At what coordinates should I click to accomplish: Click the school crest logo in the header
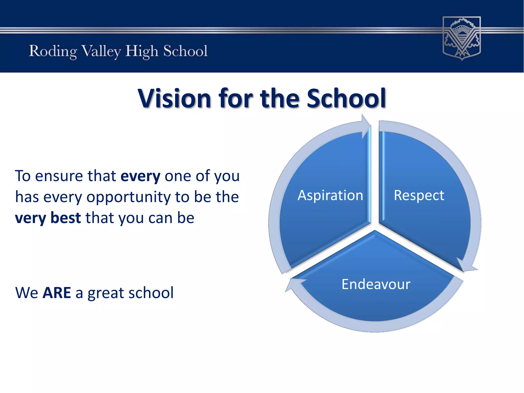click(x=462, y=38)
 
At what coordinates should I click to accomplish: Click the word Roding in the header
click(x=53, y=51)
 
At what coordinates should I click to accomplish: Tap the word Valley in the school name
click(x=101, y=51)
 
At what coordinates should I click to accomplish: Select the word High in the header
click(x=141, y=51)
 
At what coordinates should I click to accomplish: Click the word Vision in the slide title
click(x=174, y=98)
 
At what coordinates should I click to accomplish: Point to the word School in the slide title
click(x=346, y=98)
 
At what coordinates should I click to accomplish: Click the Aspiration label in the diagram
click(x=330, y=195)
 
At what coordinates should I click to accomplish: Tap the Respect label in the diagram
click(x=419, y=195)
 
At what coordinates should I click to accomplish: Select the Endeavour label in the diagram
click(x=376, y=284)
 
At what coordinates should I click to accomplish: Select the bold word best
click(x=65, y=218)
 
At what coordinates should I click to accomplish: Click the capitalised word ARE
click(x=57, y=293)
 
